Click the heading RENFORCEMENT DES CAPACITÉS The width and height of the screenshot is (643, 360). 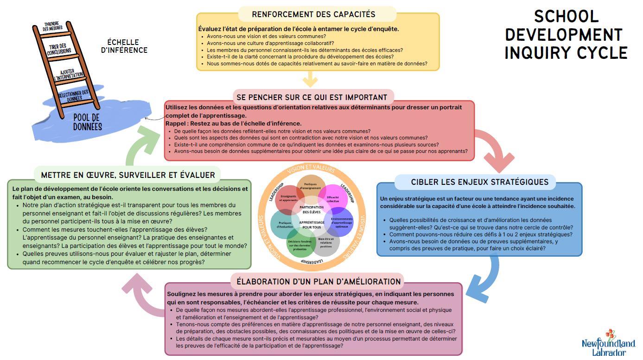click(x=313, y=14)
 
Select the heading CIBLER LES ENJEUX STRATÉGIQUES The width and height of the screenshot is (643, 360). click(x=480, y=182)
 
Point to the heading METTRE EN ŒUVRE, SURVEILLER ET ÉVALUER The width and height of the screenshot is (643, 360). click(x=128, y=175)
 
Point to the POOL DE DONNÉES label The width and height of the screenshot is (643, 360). click(x=87, y=122)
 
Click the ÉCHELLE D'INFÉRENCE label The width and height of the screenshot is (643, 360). click(x=124, y=46)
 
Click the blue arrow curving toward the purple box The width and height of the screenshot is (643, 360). click(x=490, y=277)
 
